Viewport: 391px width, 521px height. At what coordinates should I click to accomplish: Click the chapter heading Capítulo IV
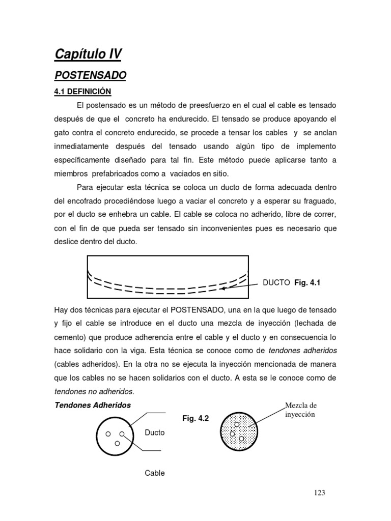pos(88,54)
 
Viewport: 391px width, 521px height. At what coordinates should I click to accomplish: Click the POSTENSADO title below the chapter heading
pos(90,76)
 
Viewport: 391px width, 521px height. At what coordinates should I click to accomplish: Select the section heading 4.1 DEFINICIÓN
pos(82,92)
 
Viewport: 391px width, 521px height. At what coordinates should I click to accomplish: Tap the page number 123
pos(319,493)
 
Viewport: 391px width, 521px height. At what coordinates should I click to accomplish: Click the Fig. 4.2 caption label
pos(195,418)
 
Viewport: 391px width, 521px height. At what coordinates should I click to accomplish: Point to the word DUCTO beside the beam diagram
pos(276,282)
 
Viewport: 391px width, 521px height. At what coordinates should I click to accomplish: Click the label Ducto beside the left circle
pos(155,432)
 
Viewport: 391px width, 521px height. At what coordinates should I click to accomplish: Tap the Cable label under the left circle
pos(155,473)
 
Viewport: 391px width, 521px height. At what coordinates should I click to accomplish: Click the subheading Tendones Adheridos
pos(93,406)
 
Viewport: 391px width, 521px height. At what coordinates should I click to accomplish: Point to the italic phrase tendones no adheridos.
pos(94,391)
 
